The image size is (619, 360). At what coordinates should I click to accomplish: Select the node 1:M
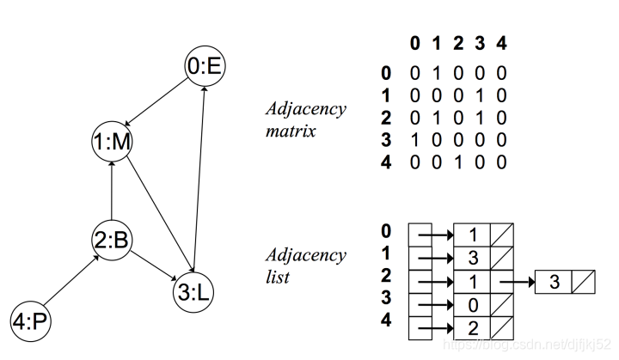point(111,143)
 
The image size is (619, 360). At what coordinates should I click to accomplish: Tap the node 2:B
point(111,241)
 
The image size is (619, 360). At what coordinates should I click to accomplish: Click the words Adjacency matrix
point(304,121)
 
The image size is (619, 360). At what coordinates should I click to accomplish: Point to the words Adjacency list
point(304,266)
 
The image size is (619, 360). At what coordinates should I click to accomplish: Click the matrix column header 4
point(501,42)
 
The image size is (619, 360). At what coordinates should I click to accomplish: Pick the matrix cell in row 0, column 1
point(437,75)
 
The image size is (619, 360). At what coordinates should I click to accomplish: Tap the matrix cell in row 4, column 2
point(458,162)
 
